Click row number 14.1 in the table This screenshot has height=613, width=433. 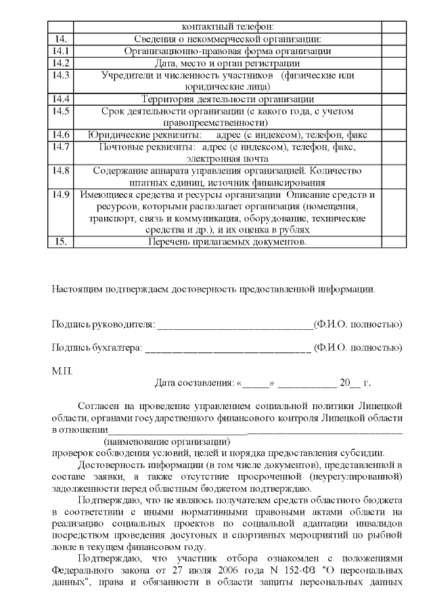[60, 51]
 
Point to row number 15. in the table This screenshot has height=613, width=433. [60, 242]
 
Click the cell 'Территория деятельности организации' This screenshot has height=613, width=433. [227, 99]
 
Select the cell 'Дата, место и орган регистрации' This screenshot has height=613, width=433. [227, 62]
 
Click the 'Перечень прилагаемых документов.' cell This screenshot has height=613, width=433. [227, 242]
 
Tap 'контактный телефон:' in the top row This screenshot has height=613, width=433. [227, 27]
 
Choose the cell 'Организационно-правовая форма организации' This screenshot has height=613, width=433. [227, 51]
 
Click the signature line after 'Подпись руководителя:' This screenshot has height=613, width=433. [235, 324]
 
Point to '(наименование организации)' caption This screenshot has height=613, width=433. [162, 441]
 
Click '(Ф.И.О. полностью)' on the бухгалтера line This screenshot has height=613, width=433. [359, 349]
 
